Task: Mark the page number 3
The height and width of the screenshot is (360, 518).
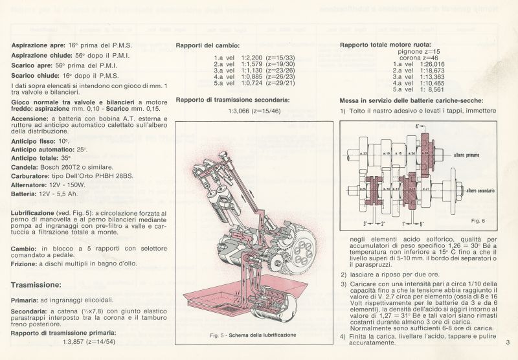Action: click(508, 342)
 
